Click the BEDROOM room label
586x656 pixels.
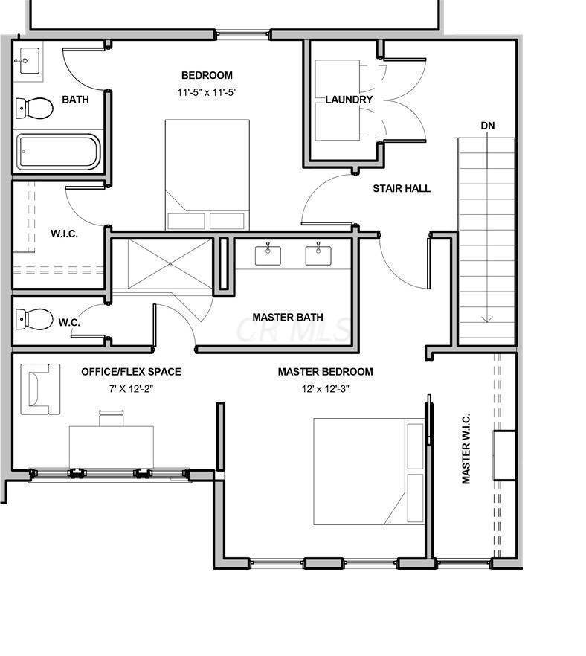(207, 75)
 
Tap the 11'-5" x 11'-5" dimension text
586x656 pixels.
(207, 92)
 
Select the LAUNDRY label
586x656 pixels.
(349, 100)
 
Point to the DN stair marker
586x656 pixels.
(488, 126)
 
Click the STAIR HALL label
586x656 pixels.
(402, 188)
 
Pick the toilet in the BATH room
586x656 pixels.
(34, 108)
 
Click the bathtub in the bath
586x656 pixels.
(58, 152)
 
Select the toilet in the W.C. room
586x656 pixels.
(34, 319)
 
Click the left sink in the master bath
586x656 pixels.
(268, 255)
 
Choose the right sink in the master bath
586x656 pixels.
(318, 255)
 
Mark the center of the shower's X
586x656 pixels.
(170, 263)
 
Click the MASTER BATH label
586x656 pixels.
(288, 317)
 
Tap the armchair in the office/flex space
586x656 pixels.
(40, 389)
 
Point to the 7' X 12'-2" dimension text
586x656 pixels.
(132, 389)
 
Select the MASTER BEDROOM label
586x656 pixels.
(326, 372)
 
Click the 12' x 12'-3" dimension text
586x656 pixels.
(326, 389)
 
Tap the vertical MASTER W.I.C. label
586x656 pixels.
(466, 448)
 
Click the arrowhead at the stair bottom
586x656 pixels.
(487, 320)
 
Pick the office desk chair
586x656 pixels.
(112, 418)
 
